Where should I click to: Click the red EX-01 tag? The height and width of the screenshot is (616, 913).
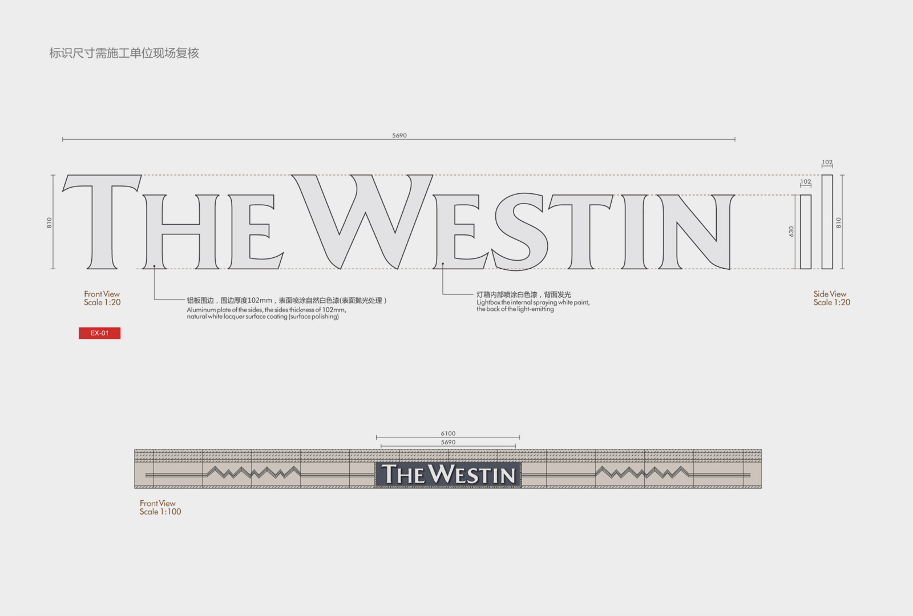click(x=99, y=333)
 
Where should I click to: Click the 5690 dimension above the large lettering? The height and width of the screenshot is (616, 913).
click(x=399, y=135)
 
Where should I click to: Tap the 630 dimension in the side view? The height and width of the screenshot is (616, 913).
click(x=791, y=232)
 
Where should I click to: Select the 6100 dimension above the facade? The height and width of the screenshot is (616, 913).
click(x=448, y=433)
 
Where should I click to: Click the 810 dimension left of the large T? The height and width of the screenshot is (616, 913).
click(x=49, y=222)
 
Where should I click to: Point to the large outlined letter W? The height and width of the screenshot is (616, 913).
click(x=362, y=222)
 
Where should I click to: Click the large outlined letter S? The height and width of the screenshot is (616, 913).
click(x=519, y=232)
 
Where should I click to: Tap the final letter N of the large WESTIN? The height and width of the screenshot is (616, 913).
click(x=696, y=232)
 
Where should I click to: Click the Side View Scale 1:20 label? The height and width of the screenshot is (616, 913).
click(x=831, y=298)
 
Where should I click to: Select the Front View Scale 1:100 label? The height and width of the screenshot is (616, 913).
click(x=160, y=507)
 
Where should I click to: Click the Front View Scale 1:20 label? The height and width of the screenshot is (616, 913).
click(x=102, y=298)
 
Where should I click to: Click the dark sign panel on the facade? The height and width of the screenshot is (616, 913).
click(x=448, y=474)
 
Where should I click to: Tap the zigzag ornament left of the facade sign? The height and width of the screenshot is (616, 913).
click(x=253, y=473)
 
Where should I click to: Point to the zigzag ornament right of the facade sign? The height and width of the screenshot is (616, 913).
click(x=643, y=473)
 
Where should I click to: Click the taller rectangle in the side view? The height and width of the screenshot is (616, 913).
click(x=827, y=222)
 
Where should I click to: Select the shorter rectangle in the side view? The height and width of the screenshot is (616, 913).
click(x=805, y=232)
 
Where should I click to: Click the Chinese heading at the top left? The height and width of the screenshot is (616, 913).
click(x=124, y=53)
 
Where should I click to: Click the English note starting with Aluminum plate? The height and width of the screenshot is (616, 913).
click(x=266, y=313)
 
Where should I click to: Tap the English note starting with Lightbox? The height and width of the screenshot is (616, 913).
click(x=533, y=306)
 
